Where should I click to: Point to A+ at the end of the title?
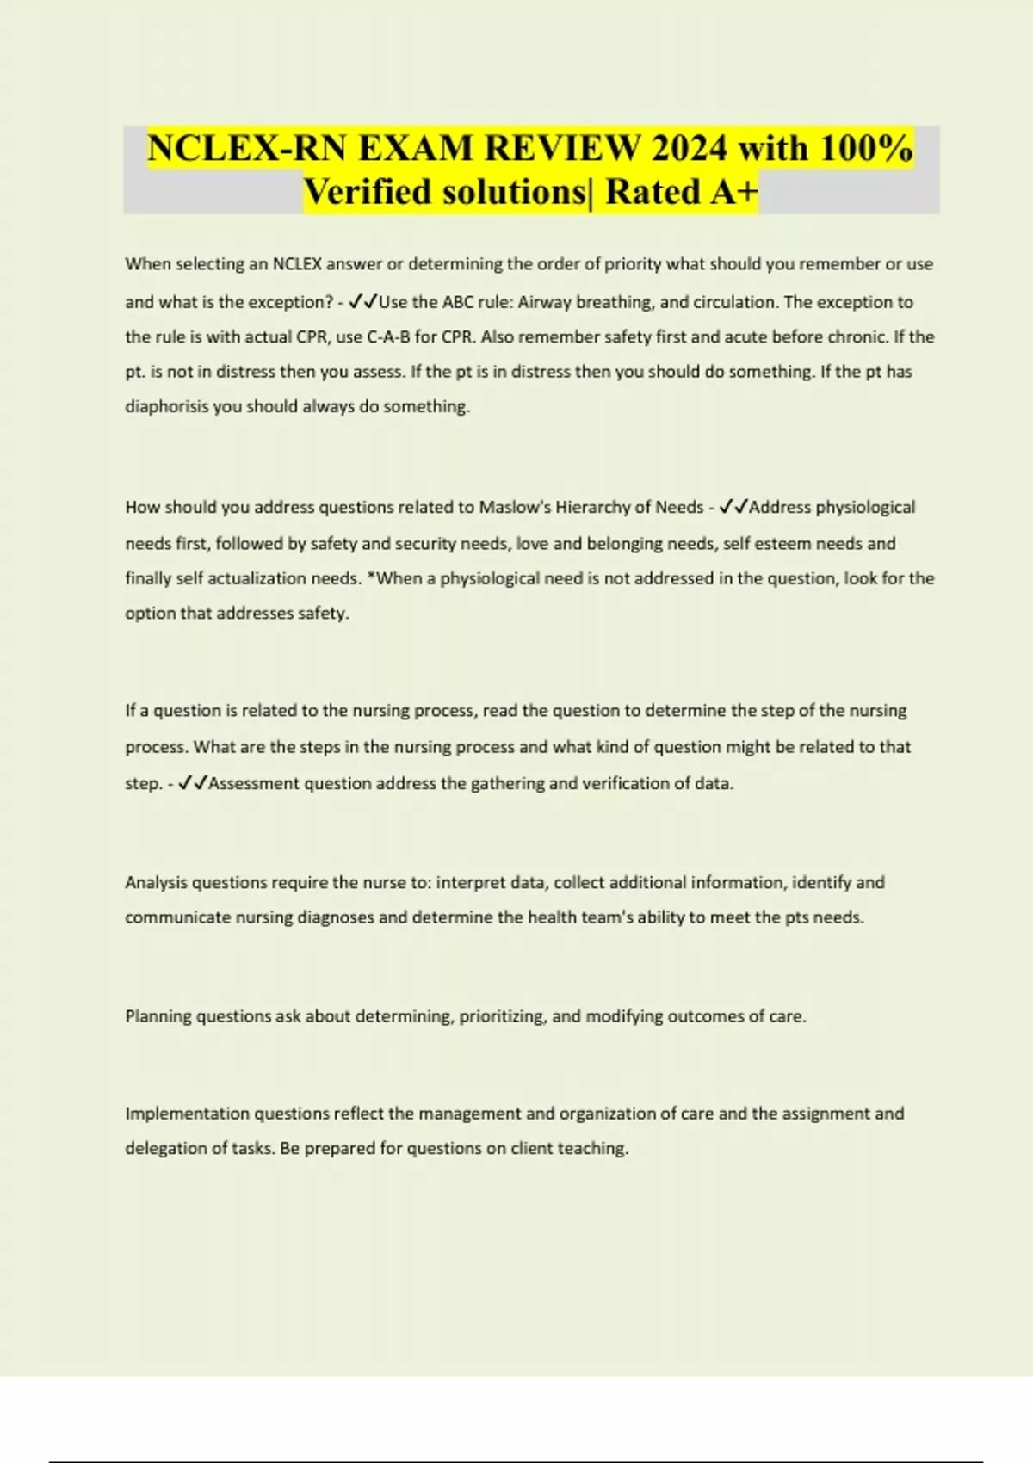pyautogui.click(x=733, y=192)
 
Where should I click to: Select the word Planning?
pyautogui.click(x=158, y=1016)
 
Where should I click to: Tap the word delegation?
pyautogui.click(x=164, y=1149)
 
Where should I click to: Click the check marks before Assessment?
pyautogui.click(x=192, y=783)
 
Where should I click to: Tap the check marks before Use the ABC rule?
pyautogui.click(x=363, y=302)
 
